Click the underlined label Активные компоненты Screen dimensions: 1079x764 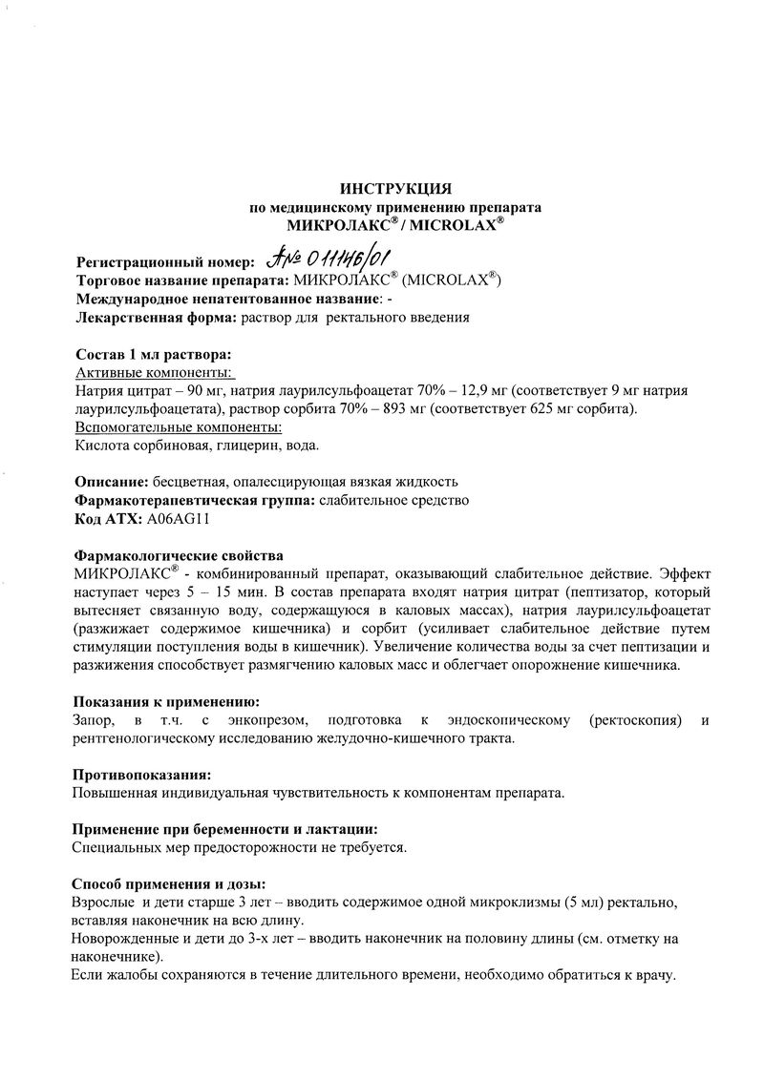pos(156,372)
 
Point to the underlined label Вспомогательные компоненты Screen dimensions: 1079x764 pos(177,426)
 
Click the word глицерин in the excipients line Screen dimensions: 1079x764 pos(235,445)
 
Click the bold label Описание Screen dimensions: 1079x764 pos(110,481)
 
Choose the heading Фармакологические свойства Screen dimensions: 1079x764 pos(178,555)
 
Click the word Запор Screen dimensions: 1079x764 pos(94,720)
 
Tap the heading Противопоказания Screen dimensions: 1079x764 pos(142,775)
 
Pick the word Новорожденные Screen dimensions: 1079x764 pos(119,939)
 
